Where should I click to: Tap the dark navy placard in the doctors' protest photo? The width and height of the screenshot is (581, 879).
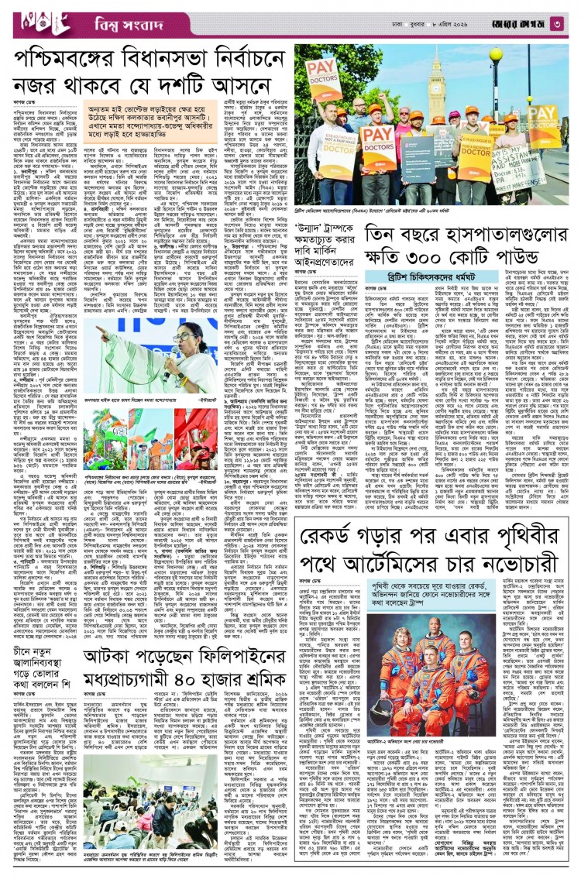pos(418,158)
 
